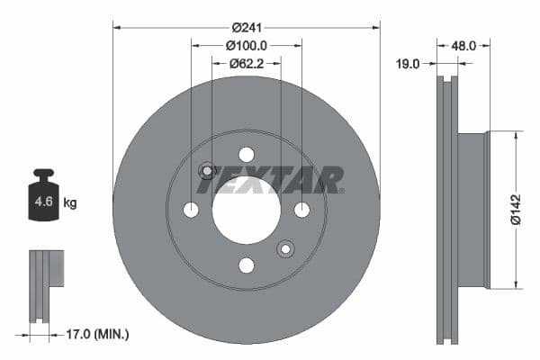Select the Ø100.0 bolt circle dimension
[x=246, y=45]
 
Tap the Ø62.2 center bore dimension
[x=246, y=63]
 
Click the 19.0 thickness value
[x=409, y=64]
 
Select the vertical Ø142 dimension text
[x=514, y=209]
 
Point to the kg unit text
[x=69, y=203]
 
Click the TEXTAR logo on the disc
[x=271, y=180]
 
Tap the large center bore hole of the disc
[x=246, y=210]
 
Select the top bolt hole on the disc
[x=246, y=154]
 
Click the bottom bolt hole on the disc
[x=246, y=265]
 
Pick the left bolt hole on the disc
[x=191, y=210]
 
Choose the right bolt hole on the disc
[x=301, y=210]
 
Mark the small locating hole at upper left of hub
[x=207, y=170]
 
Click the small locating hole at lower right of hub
[x=285, y=248]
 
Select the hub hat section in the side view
[x=474, y=210]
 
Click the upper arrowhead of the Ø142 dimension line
[x=517, y=136]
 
